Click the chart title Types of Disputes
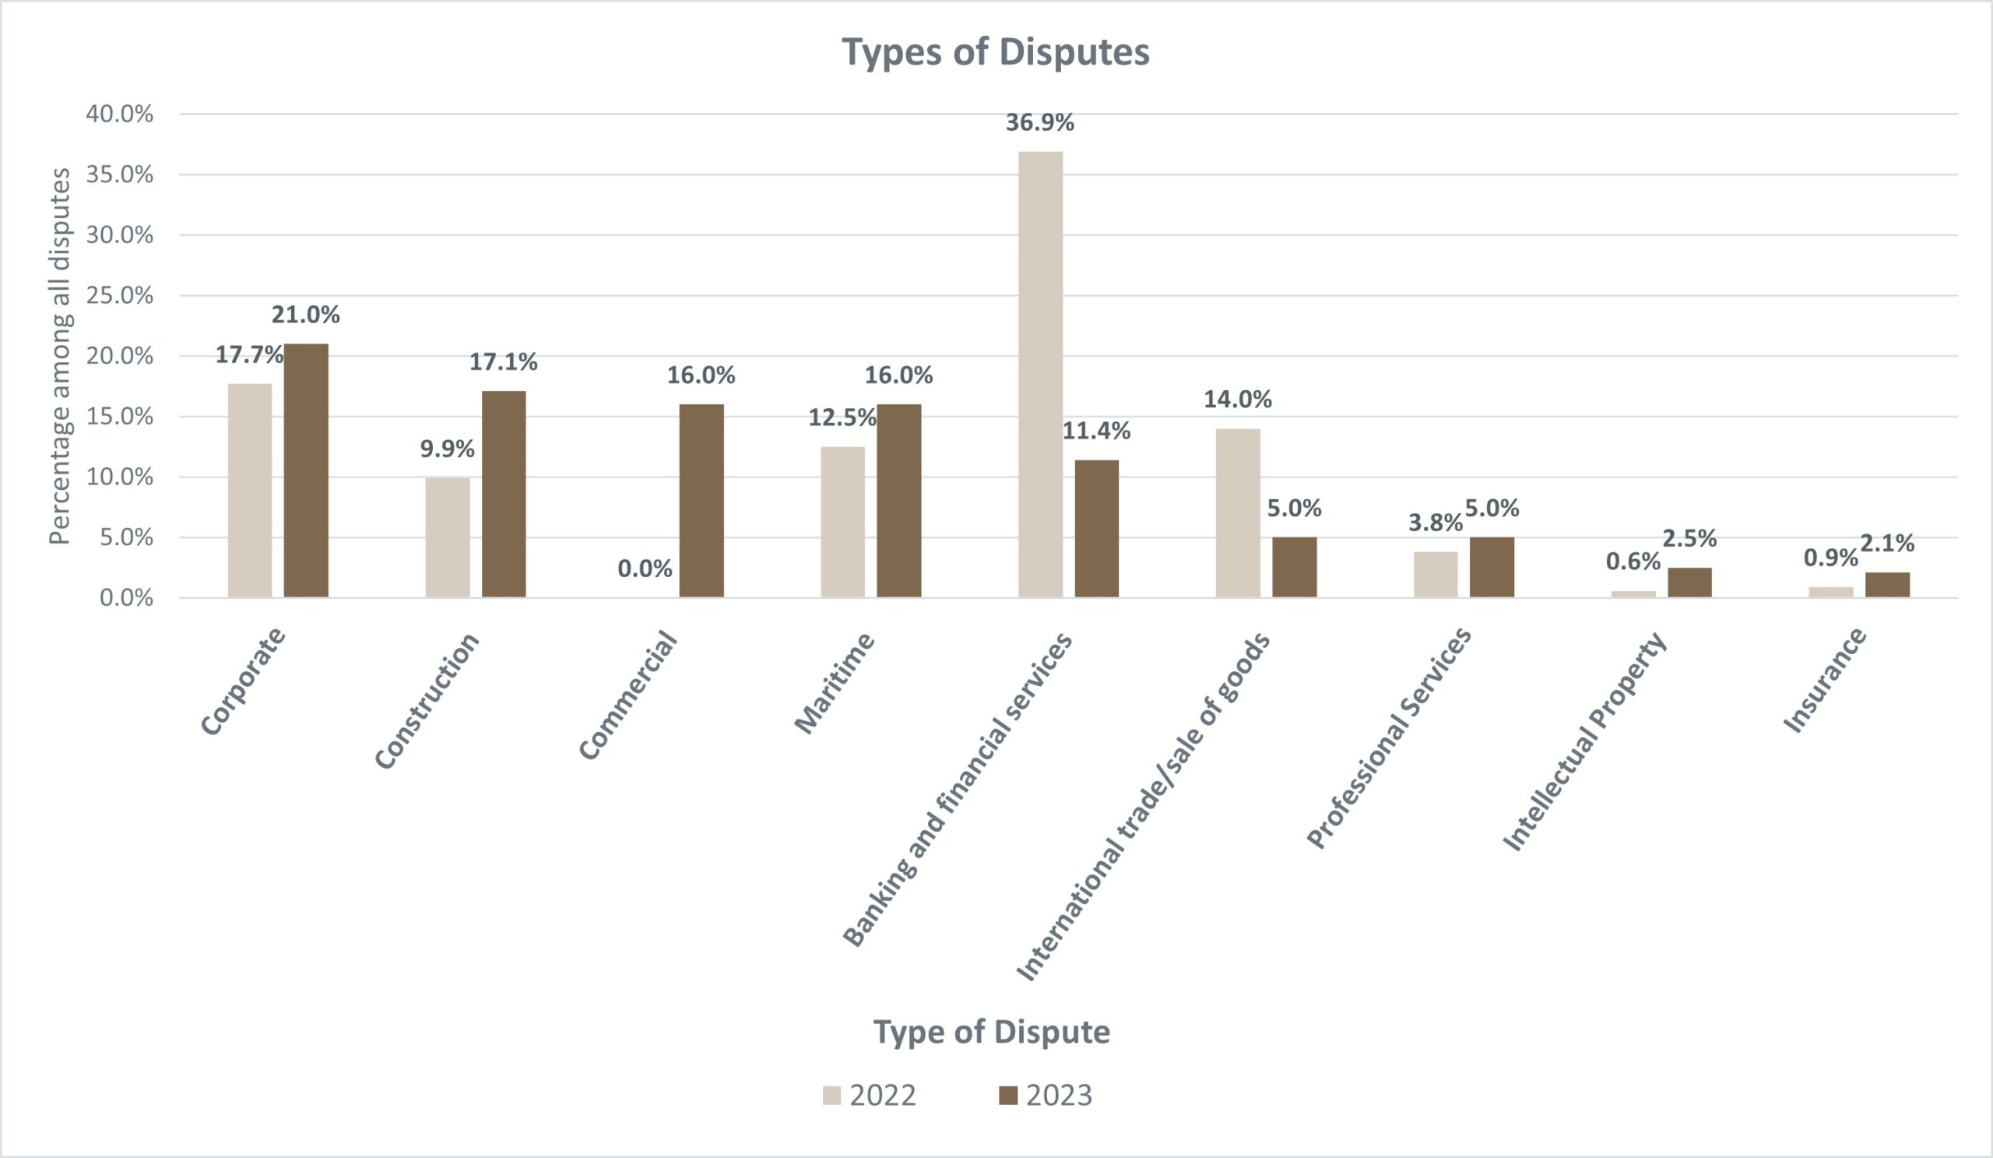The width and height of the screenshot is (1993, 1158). point(995,52)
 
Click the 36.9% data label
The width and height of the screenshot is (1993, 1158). point(1039,122)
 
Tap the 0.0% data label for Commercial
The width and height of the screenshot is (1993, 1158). point(645,568)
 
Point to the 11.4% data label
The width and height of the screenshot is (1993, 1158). point(1096,431)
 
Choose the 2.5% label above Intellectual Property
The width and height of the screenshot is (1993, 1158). point(1689,539)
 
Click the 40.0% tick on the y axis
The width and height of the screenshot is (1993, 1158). point(119,114)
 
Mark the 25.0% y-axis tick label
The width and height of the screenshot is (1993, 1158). point(119,296)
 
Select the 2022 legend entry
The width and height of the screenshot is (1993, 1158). point(870,1096)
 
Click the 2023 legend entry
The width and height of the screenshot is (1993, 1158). point(1046,1096)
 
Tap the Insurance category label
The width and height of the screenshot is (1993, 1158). point(1826,681)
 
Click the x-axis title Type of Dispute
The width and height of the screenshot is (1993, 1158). point(991,1033)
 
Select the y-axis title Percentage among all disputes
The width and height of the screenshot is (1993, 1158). point(60,356)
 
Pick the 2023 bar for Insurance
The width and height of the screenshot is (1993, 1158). point(1887,585)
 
